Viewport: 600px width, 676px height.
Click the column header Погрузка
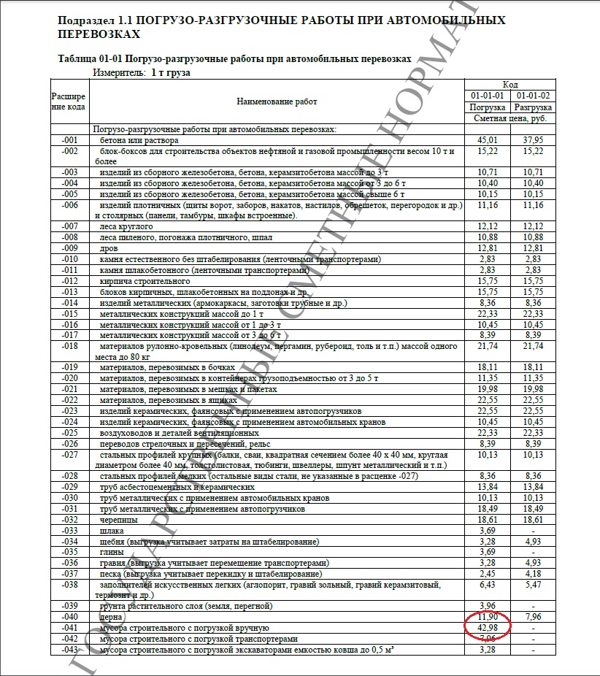point(487,107)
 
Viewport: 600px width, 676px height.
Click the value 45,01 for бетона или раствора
point(487,139)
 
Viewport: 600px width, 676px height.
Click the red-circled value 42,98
point(487,629)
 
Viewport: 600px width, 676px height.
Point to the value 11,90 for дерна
point(487,618)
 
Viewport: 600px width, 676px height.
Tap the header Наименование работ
point(277,101)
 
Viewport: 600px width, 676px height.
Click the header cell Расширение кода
point(69,101)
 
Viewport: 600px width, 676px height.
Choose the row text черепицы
point(117,519)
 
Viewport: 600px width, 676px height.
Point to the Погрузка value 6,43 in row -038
point(487,585)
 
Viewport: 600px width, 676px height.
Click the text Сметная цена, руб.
point(509,118)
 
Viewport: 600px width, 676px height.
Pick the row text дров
point(109,248)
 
